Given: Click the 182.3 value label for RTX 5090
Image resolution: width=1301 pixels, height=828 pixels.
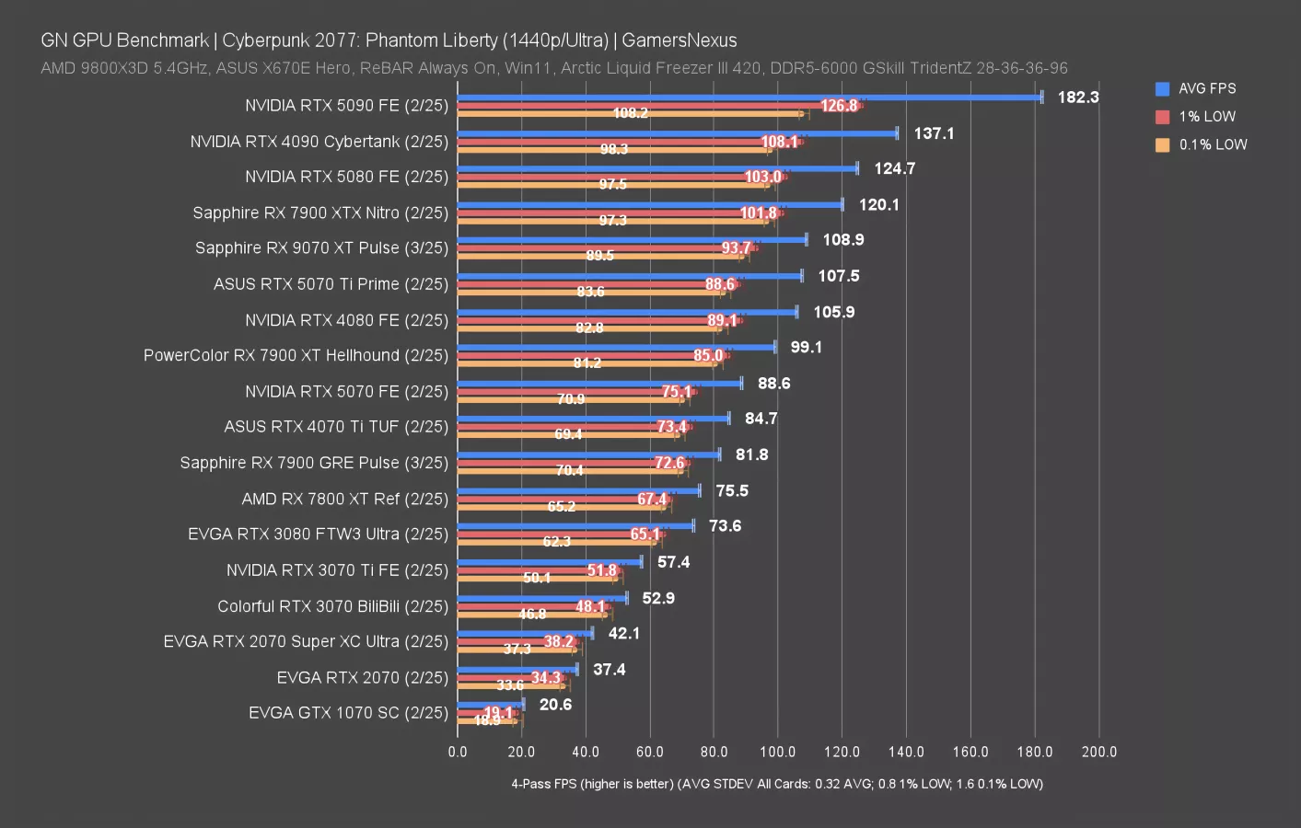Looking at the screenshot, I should pos(1077,98).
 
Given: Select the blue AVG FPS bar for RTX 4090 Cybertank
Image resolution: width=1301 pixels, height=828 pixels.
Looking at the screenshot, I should pos(677,133).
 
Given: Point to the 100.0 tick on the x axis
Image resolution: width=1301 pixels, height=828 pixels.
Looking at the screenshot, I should pos(777,752).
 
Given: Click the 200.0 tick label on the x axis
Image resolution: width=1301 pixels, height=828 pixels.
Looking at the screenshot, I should pos(1098,752).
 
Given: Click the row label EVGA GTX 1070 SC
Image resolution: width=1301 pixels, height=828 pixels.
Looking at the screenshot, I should pos(348,713).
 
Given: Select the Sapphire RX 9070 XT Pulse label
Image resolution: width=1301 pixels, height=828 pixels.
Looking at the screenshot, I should pos(321,248).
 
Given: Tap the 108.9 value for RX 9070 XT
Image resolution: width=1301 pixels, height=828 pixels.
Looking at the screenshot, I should pos(842,240).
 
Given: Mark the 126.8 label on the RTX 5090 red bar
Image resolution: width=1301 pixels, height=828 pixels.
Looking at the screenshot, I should pos(839,106).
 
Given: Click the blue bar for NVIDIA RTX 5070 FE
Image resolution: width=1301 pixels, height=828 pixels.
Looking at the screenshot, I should pos(599,384).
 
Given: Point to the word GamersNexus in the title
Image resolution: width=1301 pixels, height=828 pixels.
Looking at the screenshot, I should pos(679,40).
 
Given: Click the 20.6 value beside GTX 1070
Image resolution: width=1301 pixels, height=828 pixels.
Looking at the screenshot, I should pos(555,705).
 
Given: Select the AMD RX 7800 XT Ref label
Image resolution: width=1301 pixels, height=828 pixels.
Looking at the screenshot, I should pos(344,499).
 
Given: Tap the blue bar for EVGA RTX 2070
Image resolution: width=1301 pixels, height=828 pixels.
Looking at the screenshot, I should pos(517,669).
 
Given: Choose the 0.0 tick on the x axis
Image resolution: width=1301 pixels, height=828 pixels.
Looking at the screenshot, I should pos(458,752).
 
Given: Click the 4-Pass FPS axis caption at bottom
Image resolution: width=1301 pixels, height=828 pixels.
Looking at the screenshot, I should pos(777,784).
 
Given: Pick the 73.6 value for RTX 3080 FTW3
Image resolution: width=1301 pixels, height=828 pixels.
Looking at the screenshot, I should pos(725,526).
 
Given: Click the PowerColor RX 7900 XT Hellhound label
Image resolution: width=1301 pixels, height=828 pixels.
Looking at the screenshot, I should pos(296,355).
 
